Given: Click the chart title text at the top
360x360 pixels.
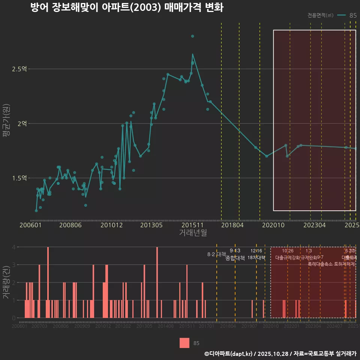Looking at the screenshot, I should [x=127, y=8].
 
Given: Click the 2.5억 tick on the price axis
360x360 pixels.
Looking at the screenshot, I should [x=19, y=69].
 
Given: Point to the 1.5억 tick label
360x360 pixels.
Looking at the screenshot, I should [x=19, y=178].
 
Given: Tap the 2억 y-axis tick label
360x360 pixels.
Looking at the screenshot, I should [x=22, y=123].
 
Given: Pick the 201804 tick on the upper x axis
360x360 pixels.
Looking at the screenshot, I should [x=232, y=225].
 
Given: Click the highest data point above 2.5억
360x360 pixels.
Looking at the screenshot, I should [x=192, y=36].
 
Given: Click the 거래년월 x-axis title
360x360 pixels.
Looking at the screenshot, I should [x=193, y=233].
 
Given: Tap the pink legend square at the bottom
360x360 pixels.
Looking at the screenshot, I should [x=184, y=343].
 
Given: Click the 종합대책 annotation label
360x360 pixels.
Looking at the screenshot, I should [x=235, y=258].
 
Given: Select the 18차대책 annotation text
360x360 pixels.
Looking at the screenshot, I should [x=256, y=258].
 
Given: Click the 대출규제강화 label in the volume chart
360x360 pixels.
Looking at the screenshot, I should [x=288, y=258].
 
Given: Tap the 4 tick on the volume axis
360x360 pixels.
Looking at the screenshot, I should [x=14, y=247].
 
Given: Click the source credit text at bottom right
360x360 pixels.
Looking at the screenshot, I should [x=280, y=354].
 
